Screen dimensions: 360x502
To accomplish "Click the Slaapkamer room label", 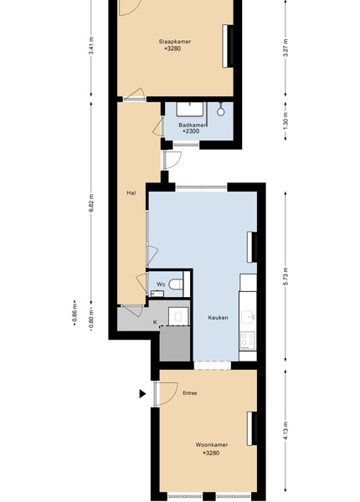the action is click(175, 41).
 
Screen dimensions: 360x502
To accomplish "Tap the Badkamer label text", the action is click(193, 125).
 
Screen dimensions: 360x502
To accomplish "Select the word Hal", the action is click(131, 192).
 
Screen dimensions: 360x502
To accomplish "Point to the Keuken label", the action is click(219, 318).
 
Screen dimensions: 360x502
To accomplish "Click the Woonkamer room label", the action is click(212, 445).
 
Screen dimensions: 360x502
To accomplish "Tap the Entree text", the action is click(189, 393).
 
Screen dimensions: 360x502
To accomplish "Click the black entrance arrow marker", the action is click(142, 394).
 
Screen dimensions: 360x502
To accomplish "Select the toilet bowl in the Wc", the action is click(176, 284).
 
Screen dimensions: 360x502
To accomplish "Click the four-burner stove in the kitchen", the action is click(248, 340).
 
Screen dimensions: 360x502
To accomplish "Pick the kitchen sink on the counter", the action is click(248, 316).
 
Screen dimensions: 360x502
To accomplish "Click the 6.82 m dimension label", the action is click(91, 202).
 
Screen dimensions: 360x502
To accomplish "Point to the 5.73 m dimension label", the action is click(285, 276).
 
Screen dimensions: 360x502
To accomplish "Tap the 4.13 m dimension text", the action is click(285, 431).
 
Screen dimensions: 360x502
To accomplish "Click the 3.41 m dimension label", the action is click(91, 46).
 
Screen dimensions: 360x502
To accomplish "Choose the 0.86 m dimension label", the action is click(75, 315).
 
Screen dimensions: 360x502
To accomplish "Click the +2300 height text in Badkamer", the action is click(191, 131).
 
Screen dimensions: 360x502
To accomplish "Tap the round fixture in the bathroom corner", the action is click(220, 112).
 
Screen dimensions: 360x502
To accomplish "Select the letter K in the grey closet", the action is click(155, 322).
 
